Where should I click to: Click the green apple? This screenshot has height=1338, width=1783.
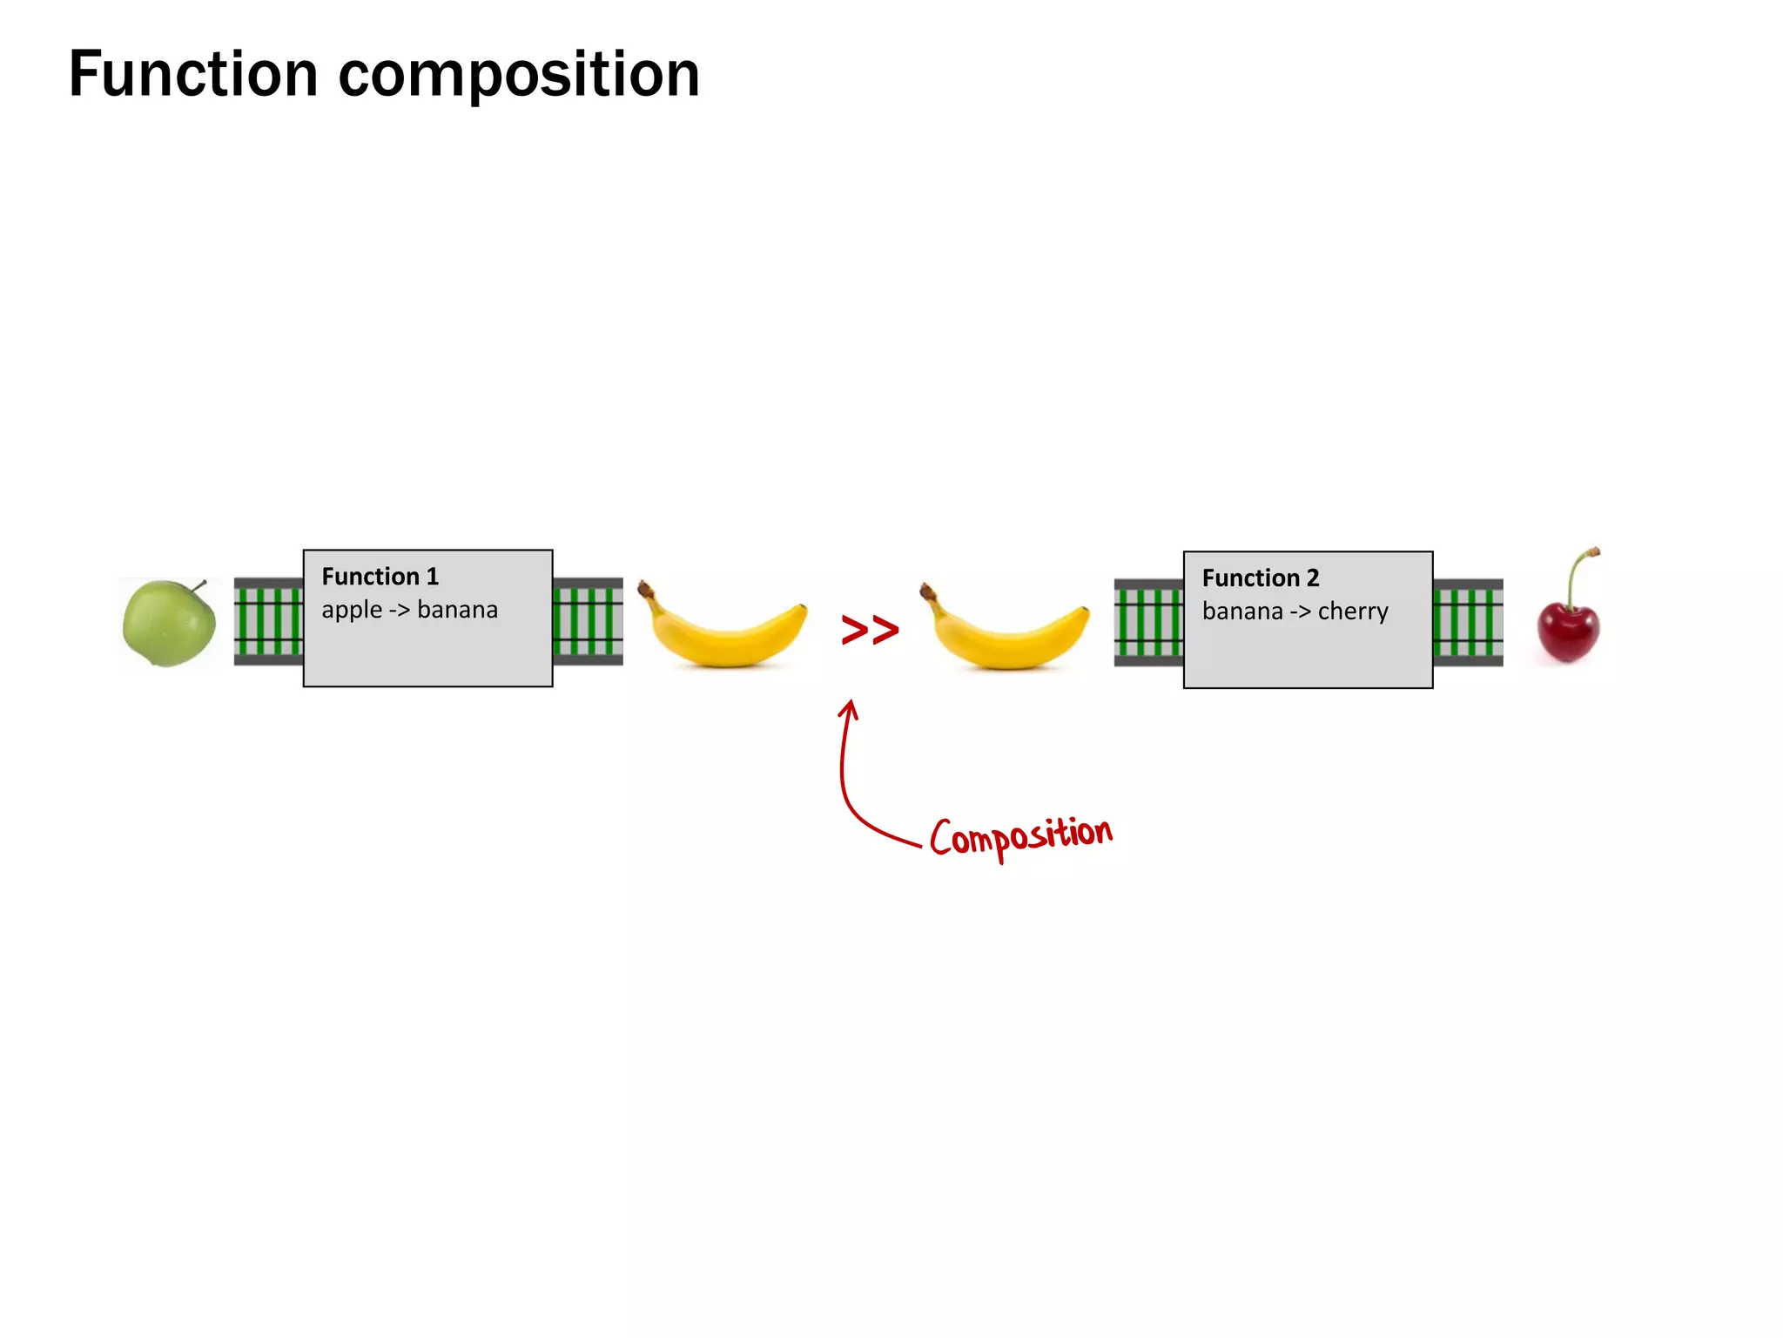point(169,624)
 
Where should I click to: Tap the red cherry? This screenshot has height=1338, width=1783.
point(1568,631)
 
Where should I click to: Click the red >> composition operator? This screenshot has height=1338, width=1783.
point(870,630)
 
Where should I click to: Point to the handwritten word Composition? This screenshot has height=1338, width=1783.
point(1020,836)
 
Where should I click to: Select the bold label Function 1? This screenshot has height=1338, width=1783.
point(380,577)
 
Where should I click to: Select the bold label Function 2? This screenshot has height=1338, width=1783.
point(1260,578)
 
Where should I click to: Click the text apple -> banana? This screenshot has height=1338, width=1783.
point(409,610)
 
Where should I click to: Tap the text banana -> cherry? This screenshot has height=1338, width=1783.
point(1295,612)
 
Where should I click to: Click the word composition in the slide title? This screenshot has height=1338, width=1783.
point(519,77)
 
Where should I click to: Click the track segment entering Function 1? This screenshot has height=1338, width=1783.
point(268,621)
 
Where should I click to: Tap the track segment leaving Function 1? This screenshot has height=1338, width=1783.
point(588,621)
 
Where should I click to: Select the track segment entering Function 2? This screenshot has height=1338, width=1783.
point(1148,623)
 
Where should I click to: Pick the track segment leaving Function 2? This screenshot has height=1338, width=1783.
point(1468,623)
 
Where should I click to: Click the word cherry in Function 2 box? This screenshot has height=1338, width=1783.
point(1353,612)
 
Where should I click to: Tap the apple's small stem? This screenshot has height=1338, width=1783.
point(199,586)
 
